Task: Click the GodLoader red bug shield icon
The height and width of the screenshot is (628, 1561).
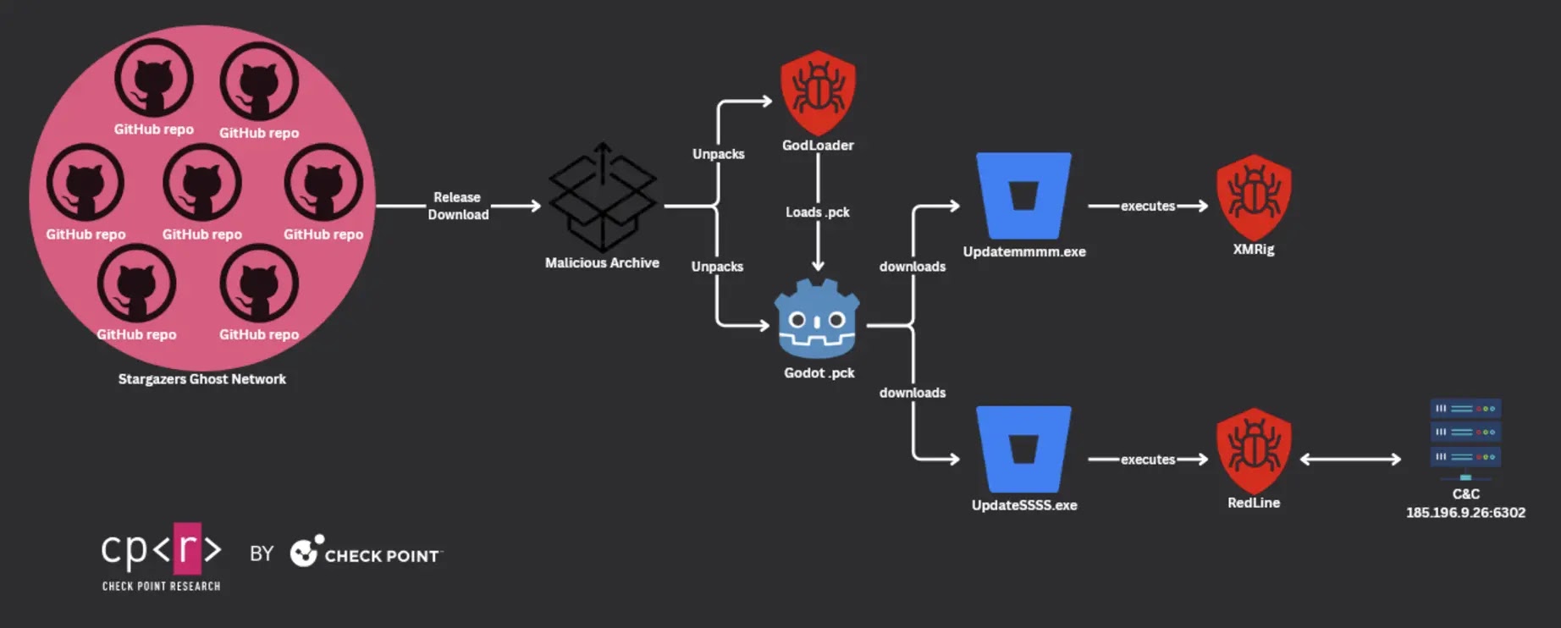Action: (x=818, y=92)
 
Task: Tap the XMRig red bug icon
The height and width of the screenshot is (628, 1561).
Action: (x=1254, y=196)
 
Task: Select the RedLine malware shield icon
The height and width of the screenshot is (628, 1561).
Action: (x=1254, y=450)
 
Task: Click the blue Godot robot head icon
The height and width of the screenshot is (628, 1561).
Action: (x=818, y=319)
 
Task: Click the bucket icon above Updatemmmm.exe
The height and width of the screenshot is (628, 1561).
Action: (x=1023, y=196)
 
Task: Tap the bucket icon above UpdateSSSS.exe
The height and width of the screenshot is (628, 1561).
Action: (x=1023, y=449)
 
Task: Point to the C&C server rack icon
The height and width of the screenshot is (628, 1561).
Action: (x=1465, y=439)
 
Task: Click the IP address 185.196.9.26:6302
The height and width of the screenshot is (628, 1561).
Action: (x=1465, y=512)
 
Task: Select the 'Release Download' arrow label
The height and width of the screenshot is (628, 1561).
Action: (x=458, y=206)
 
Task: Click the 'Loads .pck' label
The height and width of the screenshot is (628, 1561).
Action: (x=817, y=212)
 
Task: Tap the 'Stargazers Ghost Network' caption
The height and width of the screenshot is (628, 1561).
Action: (x=201, y=379)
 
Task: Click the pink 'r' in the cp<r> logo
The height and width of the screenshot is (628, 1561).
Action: (x=187, y=548)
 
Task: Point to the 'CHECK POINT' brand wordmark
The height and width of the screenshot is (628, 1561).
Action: (x=382, y=556)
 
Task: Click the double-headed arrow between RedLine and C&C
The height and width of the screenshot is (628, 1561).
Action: (x=1350, y=459)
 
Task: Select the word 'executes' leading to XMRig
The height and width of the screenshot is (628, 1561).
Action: (x=1148, y=206)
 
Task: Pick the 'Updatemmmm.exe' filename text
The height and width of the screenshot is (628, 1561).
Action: (x=1024, y=251)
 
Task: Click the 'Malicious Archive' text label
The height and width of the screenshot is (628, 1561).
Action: (x=602, y=263)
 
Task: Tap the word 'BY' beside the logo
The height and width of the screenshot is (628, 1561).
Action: (x=262, y=554)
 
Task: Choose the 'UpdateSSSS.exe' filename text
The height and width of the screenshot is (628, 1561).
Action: (x=1024, y=505)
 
